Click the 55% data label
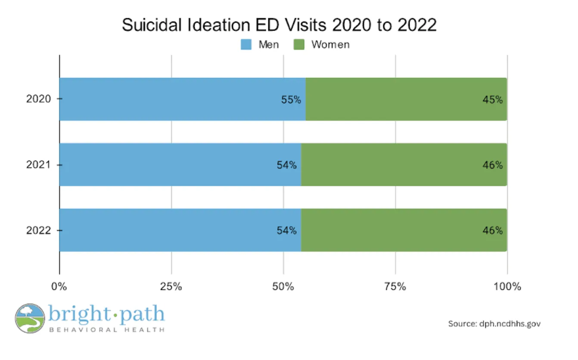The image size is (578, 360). point(291,100)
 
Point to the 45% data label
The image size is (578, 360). point(492,100)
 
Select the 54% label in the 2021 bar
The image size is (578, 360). point(286,165)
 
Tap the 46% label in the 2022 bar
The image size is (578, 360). point(492,230)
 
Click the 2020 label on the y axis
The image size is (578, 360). point(39,99)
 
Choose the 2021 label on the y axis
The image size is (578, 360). point(39,165)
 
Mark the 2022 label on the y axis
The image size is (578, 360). point(39,230)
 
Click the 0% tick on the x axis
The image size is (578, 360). point(59,286)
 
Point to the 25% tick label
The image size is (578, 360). point(171,286)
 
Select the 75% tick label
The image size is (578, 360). point(395,286)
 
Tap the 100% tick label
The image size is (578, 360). point(507,286)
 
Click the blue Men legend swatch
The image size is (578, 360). point(246,44)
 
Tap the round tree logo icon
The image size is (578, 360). point(29,318)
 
